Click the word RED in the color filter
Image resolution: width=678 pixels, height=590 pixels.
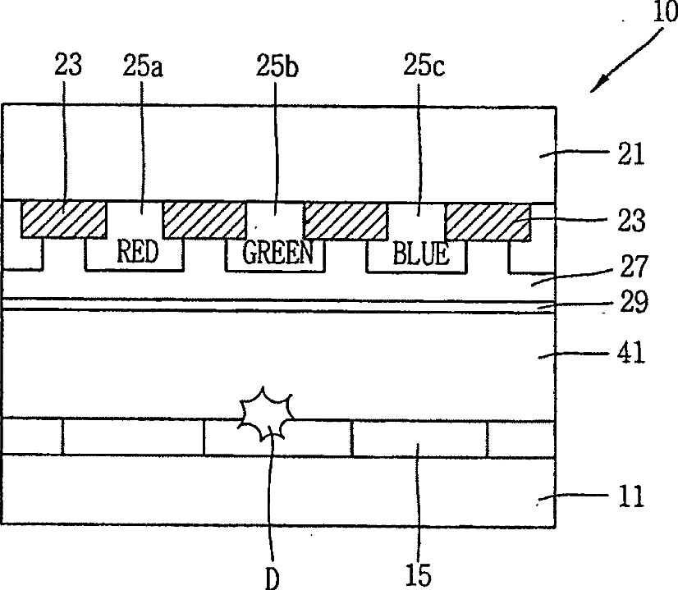point(137,251)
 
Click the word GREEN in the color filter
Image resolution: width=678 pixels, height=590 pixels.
point(278,252)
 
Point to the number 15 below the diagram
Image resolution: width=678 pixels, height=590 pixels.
point(418,573)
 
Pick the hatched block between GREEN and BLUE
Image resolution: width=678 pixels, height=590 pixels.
point(346,218)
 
